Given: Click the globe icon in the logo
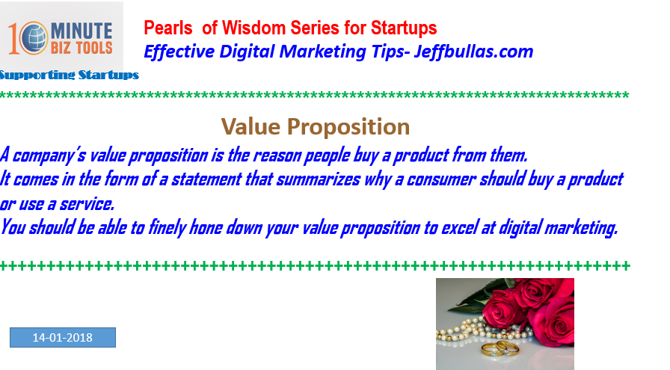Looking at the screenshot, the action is [34, 38].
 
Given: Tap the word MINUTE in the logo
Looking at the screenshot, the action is [82, 31].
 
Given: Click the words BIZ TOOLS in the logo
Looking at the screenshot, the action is [82, 47].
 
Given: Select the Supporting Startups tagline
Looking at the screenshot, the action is [70, 75].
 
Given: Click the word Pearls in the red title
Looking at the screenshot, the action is [168, 28].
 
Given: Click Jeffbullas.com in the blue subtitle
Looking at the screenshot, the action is [473, 52].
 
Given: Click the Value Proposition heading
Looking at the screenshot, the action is [316, 127].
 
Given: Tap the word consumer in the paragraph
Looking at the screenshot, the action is [441, 179].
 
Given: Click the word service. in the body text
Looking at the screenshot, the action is [87, 204].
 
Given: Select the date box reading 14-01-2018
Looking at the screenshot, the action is [63, 338].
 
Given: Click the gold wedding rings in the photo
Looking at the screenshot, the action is [500, 348].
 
